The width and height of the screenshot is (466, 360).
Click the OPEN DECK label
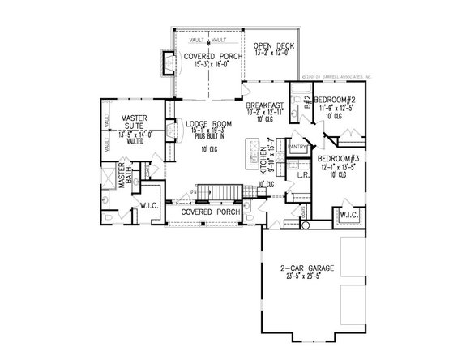coord(268,45)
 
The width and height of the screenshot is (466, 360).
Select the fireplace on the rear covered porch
coord(168,62)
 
